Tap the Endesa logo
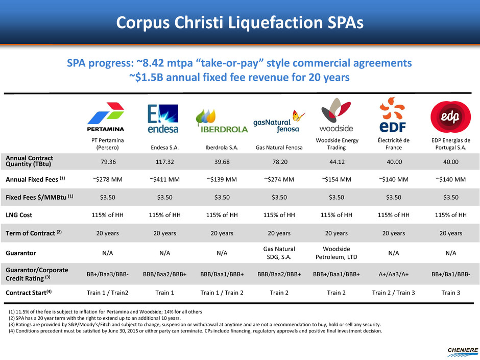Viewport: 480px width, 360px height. pyautogui.click(x=163, y=119)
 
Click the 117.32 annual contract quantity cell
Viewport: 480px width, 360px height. pyautogui.click(x=163, y=161)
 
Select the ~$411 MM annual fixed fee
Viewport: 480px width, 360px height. pyautogui.click(x=163, y=179)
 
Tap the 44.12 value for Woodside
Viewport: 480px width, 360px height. pyautogui.click(x=336, y=161)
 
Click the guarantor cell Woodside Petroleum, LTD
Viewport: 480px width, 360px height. pyautogui.click(x=336, y=252)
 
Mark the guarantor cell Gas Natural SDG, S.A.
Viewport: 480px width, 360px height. pyautogui.click(x=278, y=252)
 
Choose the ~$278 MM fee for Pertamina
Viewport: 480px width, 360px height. pyautogui.click(x=106, y=179)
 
